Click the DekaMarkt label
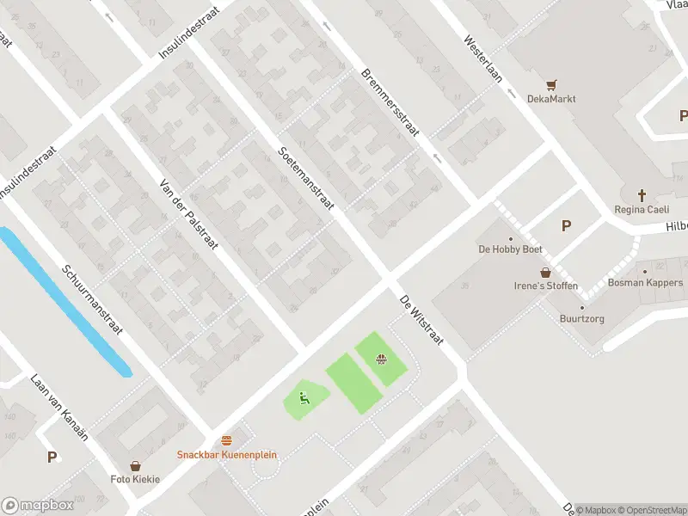click(551, 99)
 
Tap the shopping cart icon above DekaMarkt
click(551, 84)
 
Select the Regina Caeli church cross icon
click(642, 195)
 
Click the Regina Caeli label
click(641, 210)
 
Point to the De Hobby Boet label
click(510, 249)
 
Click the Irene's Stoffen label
click(546, 286)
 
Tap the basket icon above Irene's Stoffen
click(545, 272)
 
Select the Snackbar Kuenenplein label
click(227, 454)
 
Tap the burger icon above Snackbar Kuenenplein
click(226, 439)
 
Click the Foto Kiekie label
click(135, 479)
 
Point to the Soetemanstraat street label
click(306, 179)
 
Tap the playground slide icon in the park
click(304, 397)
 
